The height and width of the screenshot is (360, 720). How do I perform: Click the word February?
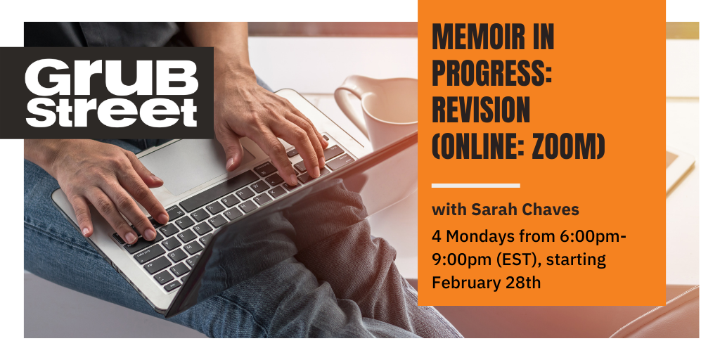464,283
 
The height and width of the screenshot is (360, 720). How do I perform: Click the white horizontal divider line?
475,186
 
